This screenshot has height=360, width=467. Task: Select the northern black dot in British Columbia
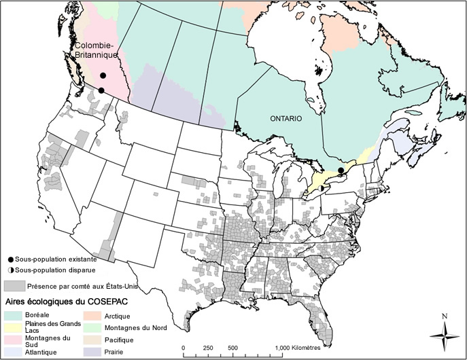click(103, 76)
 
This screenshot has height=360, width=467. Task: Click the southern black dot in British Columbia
click(101, 90)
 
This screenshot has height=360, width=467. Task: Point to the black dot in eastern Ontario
click(341, 170)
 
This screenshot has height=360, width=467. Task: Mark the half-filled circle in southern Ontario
click(319, 179)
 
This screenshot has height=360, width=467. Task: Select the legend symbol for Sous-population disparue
click(10, 270)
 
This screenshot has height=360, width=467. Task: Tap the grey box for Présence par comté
click(14, 286)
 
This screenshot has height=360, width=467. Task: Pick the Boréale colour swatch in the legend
click(14, 315)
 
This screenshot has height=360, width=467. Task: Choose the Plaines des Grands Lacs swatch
click(14, 327)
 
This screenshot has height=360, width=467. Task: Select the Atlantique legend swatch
click(14, 351)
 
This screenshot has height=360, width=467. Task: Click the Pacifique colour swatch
click(92, 339)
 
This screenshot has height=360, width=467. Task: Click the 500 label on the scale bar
click(232, 348)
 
